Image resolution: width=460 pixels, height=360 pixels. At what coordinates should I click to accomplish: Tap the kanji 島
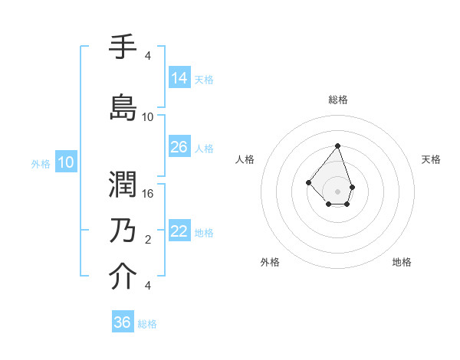click(123, 107)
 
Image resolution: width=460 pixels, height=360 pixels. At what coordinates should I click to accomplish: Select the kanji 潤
click(123, 184)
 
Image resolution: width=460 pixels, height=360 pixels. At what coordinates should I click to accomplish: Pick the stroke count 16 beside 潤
click(148, 194)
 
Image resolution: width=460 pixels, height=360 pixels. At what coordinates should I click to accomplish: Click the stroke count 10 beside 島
click(148, 117)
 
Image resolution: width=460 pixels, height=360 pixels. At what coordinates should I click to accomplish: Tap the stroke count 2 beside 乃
click(148, 240)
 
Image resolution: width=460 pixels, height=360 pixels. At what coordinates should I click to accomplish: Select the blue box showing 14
click(179, 78)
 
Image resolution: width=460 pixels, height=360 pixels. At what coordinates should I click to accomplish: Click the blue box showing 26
click(179, 147)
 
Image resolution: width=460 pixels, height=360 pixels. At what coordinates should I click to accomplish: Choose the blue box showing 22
click(179, 231)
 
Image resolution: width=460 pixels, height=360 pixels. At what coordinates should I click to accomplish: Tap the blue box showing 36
click(123, 322)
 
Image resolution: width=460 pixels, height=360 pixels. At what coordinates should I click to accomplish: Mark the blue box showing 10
click(66, 162)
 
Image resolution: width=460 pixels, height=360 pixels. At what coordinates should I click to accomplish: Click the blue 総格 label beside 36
click(147, 324)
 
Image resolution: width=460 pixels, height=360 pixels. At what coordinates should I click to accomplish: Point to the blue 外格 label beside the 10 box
click(41, 163)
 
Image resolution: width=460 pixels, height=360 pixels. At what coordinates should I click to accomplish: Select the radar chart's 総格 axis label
click(338, 100)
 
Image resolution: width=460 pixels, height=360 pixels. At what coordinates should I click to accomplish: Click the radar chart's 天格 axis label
click(432, 159)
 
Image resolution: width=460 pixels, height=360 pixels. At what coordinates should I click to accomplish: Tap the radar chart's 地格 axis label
click(402, 262)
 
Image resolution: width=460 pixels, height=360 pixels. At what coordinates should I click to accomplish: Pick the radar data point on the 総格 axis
click(337, 146)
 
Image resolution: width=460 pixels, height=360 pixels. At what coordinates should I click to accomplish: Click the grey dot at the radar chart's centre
click(337, 191)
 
